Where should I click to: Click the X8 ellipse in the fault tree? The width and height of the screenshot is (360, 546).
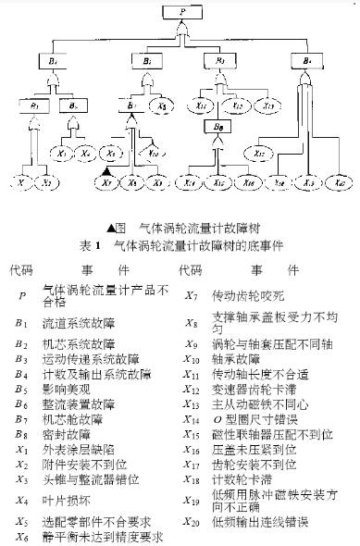click(x=163, y=106)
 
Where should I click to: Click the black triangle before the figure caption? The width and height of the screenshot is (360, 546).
click(x=111, y=227)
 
